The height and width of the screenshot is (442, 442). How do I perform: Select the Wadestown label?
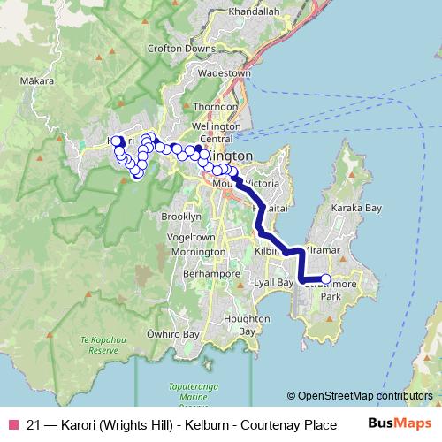[x=225, y=73]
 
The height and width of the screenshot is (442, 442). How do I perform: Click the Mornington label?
[x=198, y=253]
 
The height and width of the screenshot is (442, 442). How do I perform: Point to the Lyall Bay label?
[x=273, y=282]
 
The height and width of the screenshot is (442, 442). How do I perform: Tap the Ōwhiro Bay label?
[x=165, y=335]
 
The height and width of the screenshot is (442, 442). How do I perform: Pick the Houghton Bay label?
[x=240, y=324]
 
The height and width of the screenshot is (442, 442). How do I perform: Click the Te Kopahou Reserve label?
[x=98, y=345]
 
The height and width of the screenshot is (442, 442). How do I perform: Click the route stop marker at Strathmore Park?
[x=325, y=279]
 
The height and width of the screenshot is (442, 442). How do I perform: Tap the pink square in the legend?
[x=12, y=425]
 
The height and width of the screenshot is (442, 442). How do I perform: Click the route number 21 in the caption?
[x=34, y=425]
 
